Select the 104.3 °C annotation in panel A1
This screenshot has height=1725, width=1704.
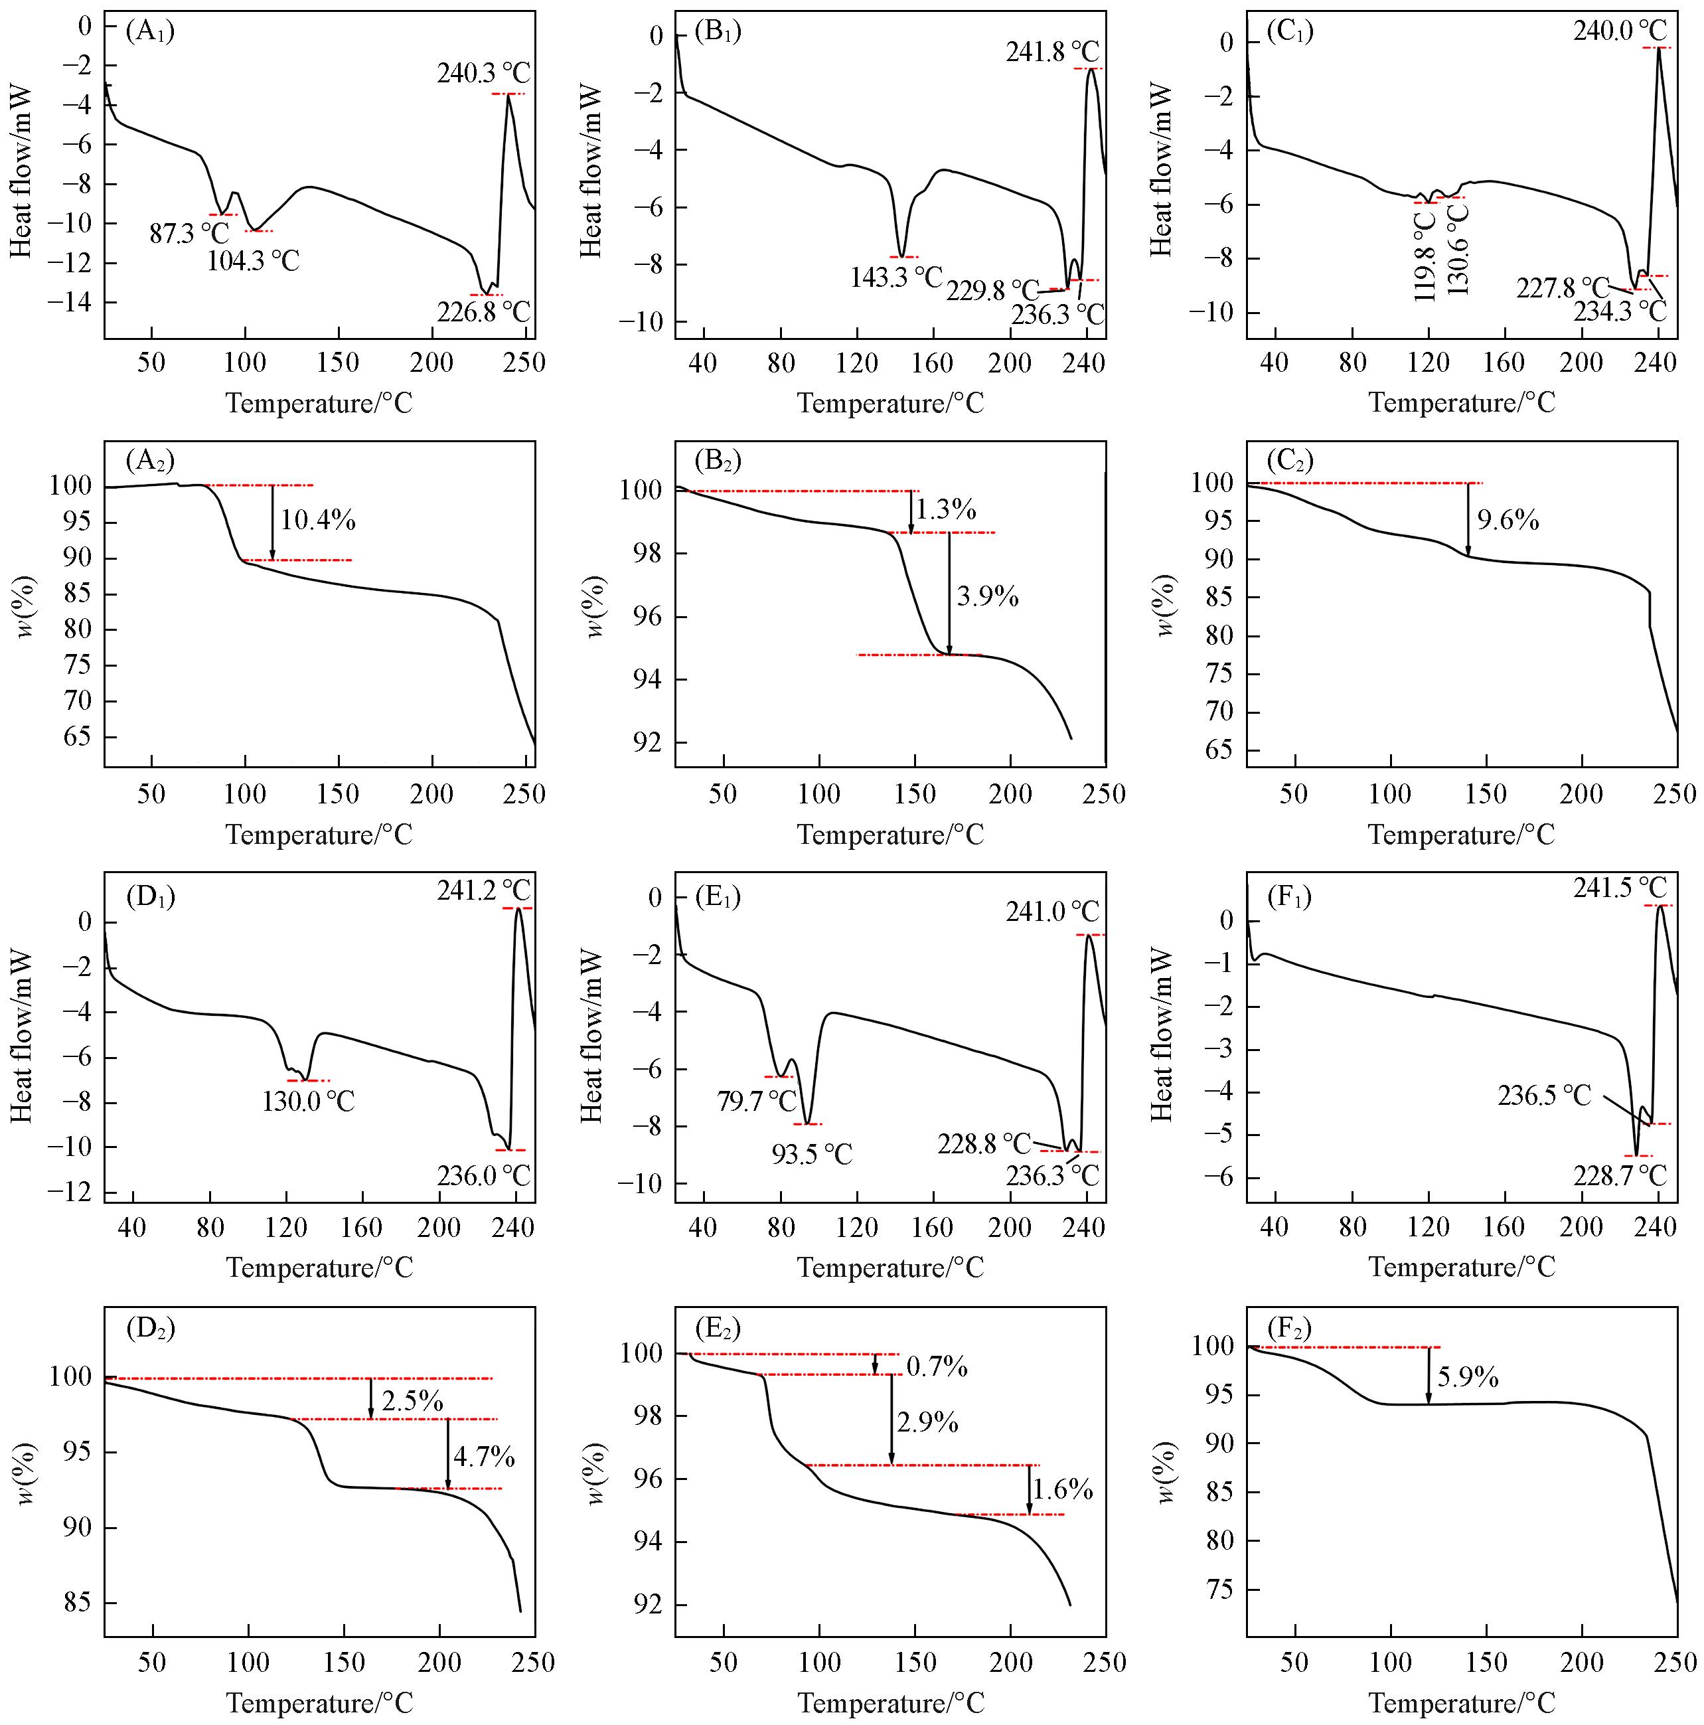(254, 262)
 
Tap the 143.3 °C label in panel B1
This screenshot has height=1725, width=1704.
(896, 278)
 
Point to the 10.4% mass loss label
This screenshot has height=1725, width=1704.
(319, 520)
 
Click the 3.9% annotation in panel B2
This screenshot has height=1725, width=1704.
(987, 596)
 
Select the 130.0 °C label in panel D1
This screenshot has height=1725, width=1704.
(308, 1102)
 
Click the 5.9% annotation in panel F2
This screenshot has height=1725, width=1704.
(1468, 1378)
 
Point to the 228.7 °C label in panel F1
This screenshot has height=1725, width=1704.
(1621, 1175)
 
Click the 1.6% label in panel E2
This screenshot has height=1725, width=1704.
(1062, 1489)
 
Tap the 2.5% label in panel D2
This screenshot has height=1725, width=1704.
(412, 1402)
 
